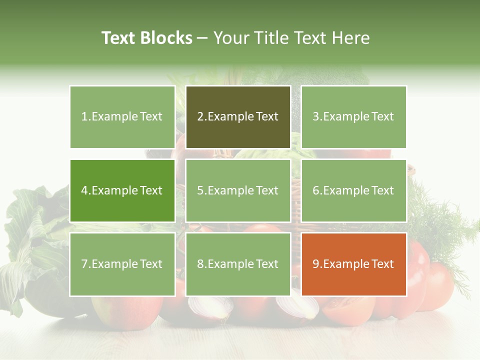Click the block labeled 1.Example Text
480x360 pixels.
[122, 117]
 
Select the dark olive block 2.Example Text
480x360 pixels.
[238, 117]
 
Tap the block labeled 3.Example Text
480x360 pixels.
[353, 117]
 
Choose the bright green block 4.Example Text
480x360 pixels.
[122, 190]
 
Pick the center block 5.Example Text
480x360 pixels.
[238, 190]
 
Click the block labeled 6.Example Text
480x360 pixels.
[353, 190]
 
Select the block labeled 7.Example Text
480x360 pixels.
[122, 264]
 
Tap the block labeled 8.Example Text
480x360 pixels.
[238, 264]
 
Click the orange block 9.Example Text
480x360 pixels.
[353, 264]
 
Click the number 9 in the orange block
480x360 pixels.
[316, 264]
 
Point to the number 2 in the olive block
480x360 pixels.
[200, 117]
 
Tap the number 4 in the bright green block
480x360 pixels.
[85, 190]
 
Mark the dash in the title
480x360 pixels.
[202, 38]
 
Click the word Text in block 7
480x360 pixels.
[151, 264]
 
